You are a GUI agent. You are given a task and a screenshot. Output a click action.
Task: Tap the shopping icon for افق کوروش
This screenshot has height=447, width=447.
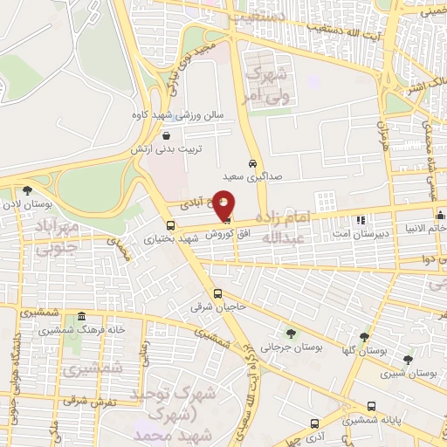pyautogui.click(x=227, y=219)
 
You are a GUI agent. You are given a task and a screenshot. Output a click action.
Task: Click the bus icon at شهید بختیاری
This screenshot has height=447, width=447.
pyautogui.click(x=145, y=224)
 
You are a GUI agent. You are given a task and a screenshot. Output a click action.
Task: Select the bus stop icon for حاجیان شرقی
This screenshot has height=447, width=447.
pyautogui.click(x=217, y=294)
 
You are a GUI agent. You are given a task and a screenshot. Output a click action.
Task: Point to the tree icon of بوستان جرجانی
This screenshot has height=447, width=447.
pyautogui.click(x=291, y=333)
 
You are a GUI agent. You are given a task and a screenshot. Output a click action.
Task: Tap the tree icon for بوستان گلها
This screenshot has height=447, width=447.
pyautogui.click(x=364, y=337)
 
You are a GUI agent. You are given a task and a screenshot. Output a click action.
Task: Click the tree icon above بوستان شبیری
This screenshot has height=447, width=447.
pyautogui.click(x=407, y=360)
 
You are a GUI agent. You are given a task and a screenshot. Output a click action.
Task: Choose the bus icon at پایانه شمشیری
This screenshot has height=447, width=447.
pyautogui.click(x=373, y=406)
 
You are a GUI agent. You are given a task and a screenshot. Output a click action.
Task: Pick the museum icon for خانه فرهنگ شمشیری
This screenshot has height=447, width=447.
pyautogui.click(x=82, y=316)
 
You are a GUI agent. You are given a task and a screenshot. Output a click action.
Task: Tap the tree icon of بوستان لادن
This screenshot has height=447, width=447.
pyautogui.click(x=28, y=189)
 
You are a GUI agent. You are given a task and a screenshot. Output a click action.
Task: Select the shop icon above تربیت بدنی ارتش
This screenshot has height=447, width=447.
pyautogui.click(x=166, y=135)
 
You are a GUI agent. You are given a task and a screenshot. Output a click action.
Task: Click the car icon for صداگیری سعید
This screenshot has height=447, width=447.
pyautogui.click(x=251, y=163)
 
